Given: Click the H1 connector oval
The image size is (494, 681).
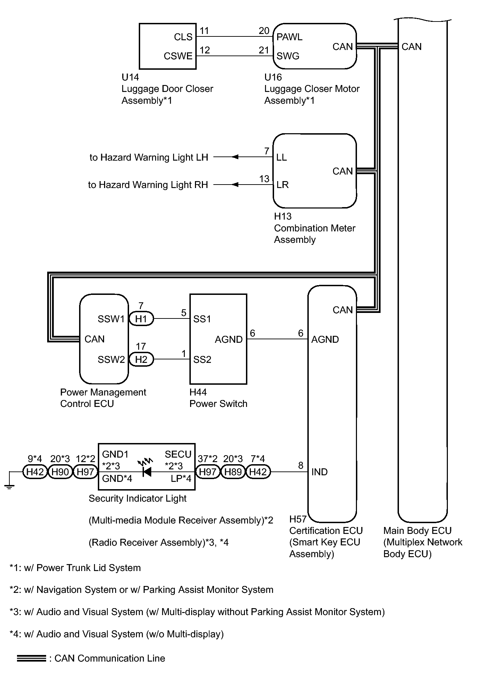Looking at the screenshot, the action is click(x=141, y=318).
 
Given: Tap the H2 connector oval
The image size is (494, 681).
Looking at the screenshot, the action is click(x=141, y=359).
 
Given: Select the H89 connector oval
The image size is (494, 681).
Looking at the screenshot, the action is click(x=233, y=472).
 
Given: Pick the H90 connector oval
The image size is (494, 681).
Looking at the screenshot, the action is click(x=60, y=472).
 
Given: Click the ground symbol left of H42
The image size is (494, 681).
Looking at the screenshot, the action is click(x=9, y=486).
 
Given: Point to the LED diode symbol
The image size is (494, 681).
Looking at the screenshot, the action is click(x=146, y=472).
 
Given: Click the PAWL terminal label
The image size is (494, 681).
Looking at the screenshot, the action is click(x=289, y=37).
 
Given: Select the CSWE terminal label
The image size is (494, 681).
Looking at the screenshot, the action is click(x=178, y=56).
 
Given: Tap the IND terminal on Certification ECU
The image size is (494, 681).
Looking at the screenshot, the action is click(x=319, y=472).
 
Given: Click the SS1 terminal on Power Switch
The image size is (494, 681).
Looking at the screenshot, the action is click(x=202, y=319).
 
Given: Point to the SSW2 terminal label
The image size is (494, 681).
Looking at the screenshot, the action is click(x=111, y=359).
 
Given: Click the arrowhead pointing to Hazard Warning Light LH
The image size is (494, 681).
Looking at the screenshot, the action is click(x=235, y=157).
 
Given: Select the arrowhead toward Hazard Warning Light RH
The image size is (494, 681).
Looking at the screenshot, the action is click(x=235, y=185).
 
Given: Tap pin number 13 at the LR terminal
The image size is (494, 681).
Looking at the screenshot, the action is click(x=264, y=179).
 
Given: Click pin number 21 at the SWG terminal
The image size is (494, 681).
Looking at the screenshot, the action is click(x=264, y=50).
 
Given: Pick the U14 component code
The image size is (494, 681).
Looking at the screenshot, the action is click(x=130, y=77).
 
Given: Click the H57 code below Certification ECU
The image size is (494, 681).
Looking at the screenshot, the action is click(x=298, y=519).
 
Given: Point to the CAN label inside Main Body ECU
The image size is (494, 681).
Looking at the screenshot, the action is click(x=411, y=47).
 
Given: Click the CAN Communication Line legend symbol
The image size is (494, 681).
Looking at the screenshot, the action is click(x=32, y=658).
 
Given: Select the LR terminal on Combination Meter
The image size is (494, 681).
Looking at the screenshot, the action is click(x=282, y=185).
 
